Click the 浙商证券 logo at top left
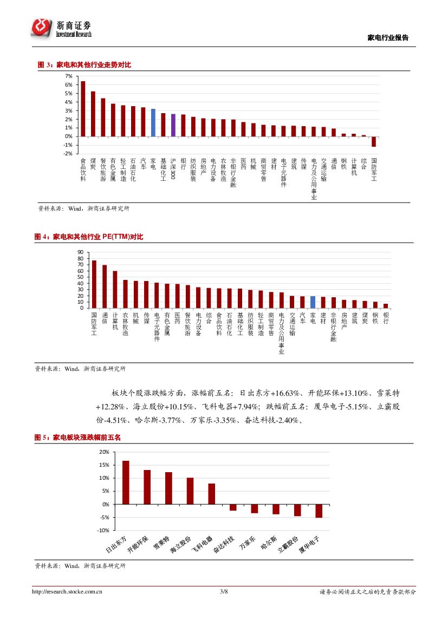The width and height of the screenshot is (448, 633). coord(61,28)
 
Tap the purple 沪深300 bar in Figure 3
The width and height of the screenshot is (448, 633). coord(173,125)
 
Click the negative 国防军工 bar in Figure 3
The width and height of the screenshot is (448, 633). coord(374,141)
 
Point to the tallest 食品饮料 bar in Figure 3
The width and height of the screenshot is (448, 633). coord(83,109)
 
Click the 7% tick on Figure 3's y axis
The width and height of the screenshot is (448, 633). coord(69,76)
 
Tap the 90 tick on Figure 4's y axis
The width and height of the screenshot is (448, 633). coord(80,252)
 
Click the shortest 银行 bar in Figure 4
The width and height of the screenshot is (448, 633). coord(386,306)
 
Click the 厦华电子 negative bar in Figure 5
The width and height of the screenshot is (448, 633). coord(319,511)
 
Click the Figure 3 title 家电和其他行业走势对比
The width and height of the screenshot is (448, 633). coord(92,65)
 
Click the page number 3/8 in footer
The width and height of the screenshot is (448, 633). coord(224,592)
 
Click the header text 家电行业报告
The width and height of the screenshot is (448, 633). coord(388,38)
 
